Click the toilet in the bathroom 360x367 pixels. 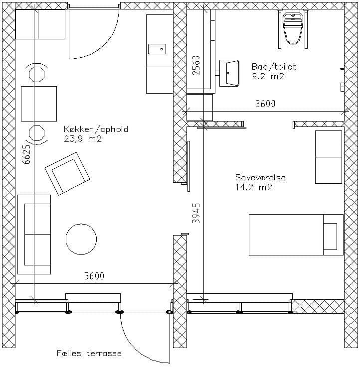(x=292, y=28)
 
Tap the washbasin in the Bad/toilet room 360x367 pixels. (x=229, y=73)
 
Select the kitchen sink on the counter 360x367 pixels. (x=157, y=49)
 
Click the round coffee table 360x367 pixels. (x=81, y=239)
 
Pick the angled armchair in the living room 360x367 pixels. (x=67, y=173)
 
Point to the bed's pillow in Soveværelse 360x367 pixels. (x=330, y=237)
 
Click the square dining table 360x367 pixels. (x=39, y=104)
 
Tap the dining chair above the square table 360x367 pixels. (x=36, y=73)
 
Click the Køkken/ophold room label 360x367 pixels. (x=96, y=129)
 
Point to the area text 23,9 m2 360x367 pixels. (x=83, y=139)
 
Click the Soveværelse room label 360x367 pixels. (x=260, y=177)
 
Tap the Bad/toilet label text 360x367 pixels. (x=274, y=67)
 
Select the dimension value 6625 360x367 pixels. (x=27, y=154)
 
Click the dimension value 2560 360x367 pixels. (x=196, y=65)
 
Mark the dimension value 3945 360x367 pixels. (x=196, y=213)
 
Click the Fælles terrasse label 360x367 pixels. (x=89, y=353)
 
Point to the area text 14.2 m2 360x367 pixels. (x=254, y=187)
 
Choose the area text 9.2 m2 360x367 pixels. (x=268, y=76)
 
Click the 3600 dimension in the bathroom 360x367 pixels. (x=265, y=104)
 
